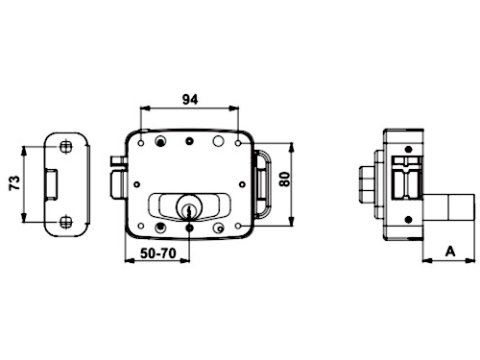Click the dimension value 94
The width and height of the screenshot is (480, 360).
pyautogui.click(x=190, y=100)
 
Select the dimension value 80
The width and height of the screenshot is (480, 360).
pyautogui.click(x=284, y=179)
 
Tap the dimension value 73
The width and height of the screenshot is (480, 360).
pyautogui.click(x=15, y=182)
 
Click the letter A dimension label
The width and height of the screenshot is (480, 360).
pyautogui.click(x=450, y=252)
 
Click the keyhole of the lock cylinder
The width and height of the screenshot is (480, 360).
pyautogui.click(x=189, y=211)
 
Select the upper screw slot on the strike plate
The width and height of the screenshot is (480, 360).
pyautogui.click(x=66, y=147)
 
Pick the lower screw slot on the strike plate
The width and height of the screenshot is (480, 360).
pyautogui.click(x=66, y=222)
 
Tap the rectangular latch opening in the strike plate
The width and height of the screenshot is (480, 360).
pyautogui.click(x=51, y=184)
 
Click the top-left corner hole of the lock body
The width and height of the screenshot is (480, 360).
pyautogui.click(x=141, y=143)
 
